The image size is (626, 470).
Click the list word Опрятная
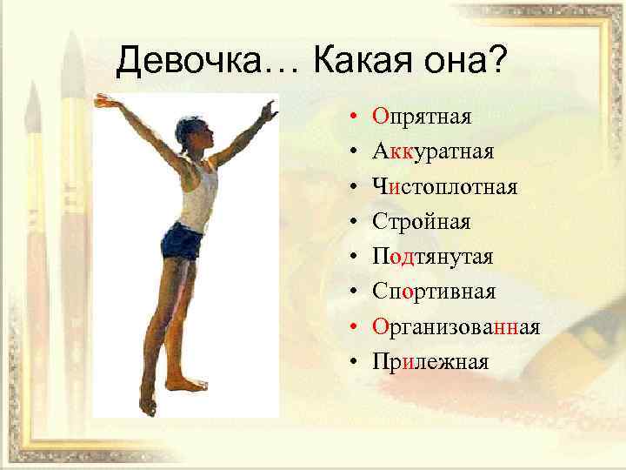[x=422, y=117]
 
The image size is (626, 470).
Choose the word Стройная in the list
[x=422, y=222]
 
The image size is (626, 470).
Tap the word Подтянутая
[x=432, y=257]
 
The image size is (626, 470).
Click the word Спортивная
[x=433, y=292]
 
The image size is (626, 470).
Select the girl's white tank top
[x=199, y=193]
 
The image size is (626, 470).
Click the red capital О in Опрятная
[x=380, y=117]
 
